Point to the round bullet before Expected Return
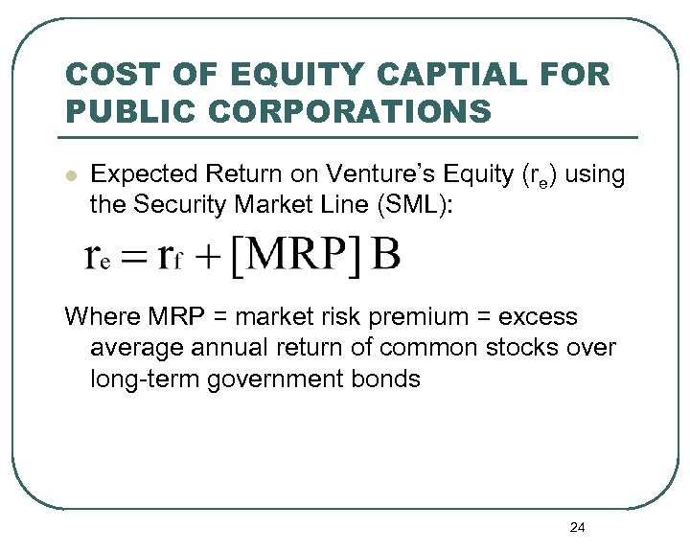(69, 176)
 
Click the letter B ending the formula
(385, 255)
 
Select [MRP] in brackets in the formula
(296, 256)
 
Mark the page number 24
(577, 527)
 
